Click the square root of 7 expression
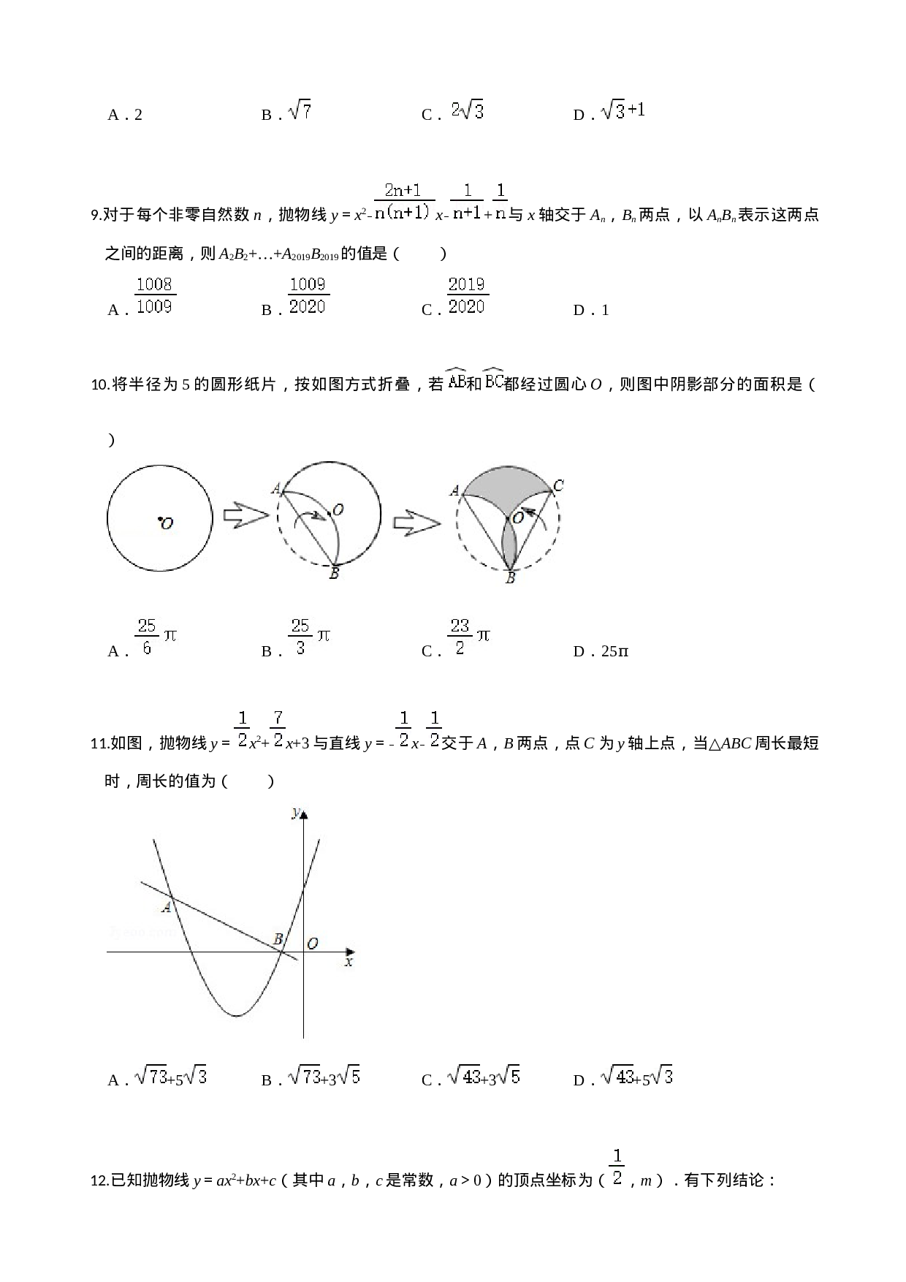pos(300,111)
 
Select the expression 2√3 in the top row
pos(466,111)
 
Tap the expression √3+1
pos(622,111)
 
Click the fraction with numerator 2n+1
pos(404,201)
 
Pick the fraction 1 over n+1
pos(467,201)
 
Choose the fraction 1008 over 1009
pos(155,295)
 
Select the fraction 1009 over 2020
pos(308,295)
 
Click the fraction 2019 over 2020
pos(468,295)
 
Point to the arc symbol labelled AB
pos(456,379)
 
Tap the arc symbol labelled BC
pos(493,379)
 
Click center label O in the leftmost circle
pos(167,524)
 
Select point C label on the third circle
pos(558,485)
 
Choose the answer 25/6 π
pos(156,637)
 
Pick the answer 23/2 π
pos(469,637)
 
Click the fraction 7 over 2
pos(278,728)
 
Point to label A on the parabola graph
pos(167,907)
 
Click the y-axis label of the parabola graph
pos(294,813)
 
